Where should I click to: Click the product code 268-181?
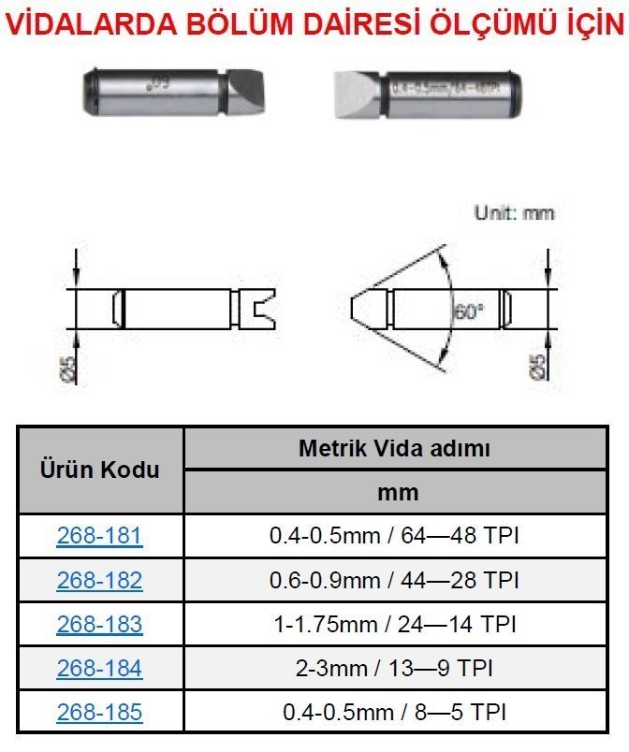pyautogui.click(x=99, y=536)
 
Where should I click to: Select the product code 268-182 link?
pyautogui.click(x=99, y=580)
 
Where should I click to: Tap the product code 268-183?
pyautogui.click(x=99, y=624)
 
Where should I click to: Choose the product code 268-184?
pyautogui.click(x=99, y=668)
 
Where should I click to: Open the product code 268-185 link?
pyautogui.click(x=99, y=712)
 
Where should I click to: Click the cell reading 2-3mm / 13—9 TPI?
pyautogui.click(x=394, y=668)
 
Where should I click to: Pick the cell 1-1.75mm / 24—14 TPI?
pyautogui.click(x=394, y=624)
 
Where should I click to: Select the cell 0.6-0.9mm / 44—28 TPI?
pyautogui.click(x=394, y=580)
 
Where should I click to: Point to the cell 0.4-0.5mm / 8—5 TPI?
pyautogui.click(x=394, y=712)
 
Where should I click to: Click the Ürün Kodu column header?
pyautogui.click(x=99, y=470)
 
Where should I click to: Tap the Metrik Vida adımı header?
pyautogui.click(x=394, y=448)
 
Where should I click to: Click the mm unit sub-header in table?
pyautogui.click(x=394, y=492)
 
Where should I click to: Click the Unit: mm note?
pyautogui.click(x=514, y=213)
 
